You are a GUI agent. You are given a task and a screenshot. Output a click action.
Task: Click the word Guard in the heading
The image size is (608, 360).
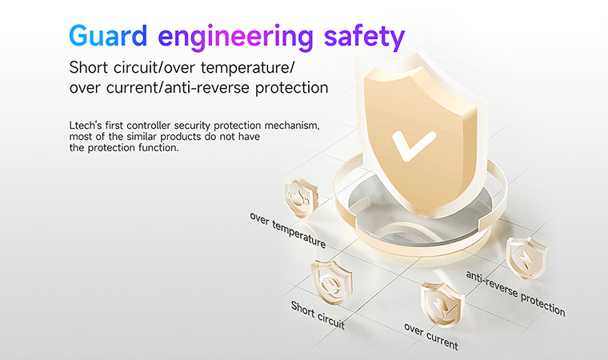pyautogui.click(x=108, y=36)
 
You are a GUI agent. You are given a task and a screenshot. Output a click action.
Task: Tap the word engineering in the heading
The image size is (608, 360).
pyautogui.click(x=236, y=38)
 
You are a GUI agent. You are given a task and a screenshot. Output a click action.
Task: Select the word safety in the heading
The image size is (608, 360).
pyautogui.click(x=365, y=38)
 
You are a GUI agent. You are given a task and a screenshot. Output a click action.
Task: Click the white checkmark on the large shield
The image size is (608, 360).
pyautogui.click(x=414, y=145)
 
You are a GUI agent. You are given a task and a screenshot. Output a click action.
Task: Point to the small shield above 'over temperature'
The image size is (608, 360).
pyautogui.click(x=301, y=197)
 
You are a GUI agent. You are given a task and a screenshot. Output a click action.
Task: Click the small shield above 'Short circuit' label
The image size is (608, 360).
pyautogui.click(x=331, y=282)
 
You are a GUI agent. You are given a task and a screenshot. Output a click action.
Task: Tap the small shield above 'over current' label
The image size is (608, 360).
pyautogui.click(x=442, y=304)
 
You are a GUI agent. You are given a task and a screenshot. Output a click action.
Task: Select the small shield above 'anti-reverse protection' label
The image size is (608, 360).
pyautogui.click(x=527, y=258)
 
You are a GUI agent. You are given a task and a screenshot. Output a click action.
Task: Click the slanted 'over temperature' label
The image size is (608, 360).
pyautogui.click(x=287, y=230)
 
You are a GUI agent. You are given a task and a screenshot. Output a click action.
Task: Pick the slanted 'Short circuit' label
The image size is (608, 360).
pyautogui.click(x=318, y=315)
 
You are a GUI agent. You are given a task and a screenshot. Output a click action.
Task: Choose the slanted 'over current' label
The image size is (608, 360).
pyautogui.click(x=430, y=336)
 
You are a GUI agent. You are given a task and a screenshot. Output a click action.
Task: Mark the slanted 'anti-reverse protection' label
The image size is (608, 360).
pyautogui.click(x=515, y=294)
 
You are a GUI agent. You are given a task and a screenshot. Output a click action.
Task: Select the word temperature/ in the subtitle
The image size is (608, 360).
pyautogui.click(x=247, y=69)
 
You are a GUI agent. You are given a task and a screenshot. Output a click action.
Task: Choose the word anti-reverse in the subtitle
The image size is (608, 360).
pyautogui.click(x=206, y=88)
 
